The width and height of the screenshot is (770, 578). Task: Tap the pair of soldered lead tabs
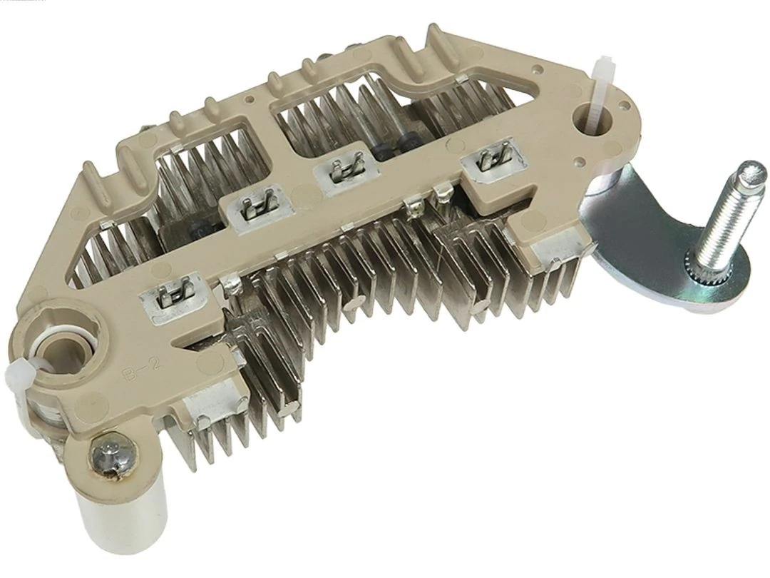426,203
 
